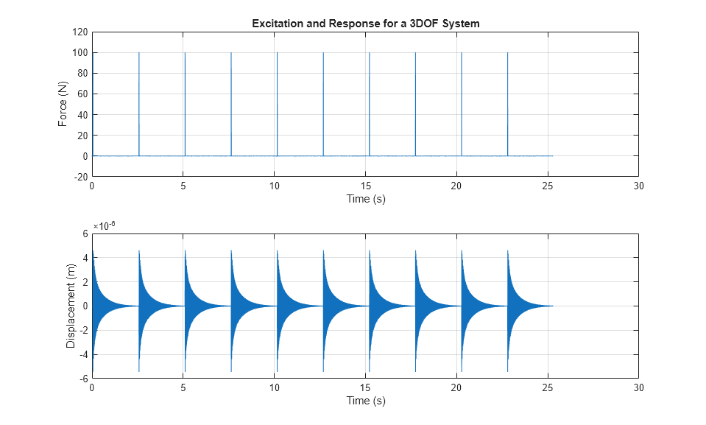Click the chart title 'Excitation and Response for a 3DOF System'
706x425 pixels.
[365, 24]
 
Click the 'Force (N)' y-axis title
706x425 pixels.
[63, 105]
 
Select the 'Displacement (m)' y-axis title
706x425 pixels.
[71, 306]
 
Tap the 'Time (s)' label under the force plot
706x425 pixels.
[365, 199]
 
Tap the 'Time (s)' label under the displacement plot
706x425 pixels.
[365, 401]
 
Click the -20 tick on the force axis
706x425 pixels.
[80, 177]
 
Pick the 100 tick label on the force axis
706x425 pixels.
[80, 53]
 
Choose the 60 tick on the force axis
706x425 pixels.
[82, 94]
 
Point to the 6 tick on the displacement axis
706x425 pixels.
[85, 234]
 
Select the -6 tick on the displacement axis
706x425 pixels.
[83, 378]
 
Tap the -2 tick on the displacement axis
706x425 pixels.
[83, 330]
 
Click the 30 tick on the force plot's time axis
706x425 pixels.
[638, 187]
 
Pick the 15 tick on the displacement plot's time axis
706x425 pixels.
[365, 388]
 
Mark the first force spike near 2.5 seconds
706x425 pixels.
[138, 103]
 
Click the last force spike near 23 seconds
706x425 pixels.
[507, 103]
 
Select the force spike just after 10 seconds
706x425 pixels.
[277, 103]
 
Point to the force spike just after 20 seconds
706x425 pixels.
[462, 103]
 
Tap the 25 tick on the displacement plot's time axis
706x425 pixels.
[547, 388]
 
